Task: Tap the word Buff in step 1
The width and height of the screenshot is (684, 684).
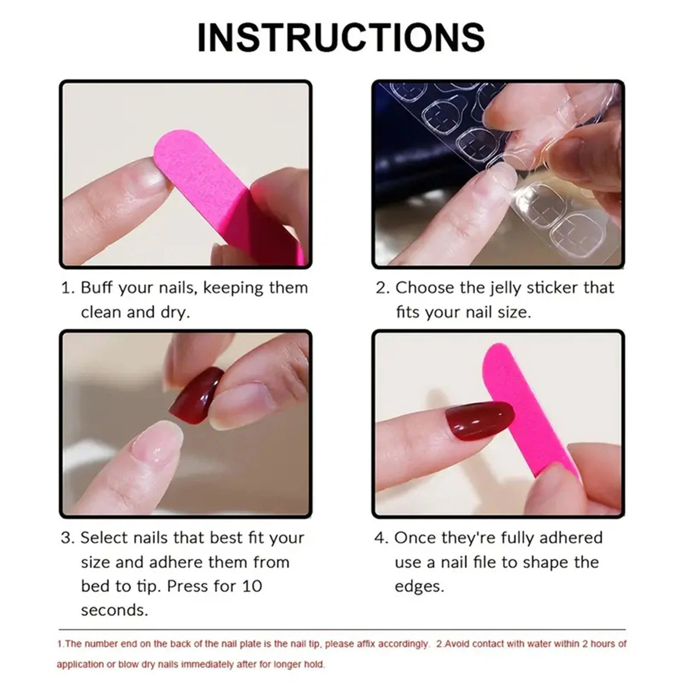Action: pyautogui.click(x=97, y=288)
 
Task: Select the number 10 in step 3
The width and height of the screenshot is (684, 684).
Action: pyautogui.click(x=252, y=586)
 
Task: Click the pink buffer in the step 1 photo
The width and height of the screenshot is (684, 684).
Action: pyautogui.click(x=201, y=171)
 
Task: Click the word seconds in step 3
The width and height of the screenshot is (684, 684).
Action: pyautogui.click(x=114, y=610)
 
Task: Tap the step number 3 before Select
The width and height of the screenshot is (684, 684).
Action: pyautogui.click(x=67, y=538)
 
